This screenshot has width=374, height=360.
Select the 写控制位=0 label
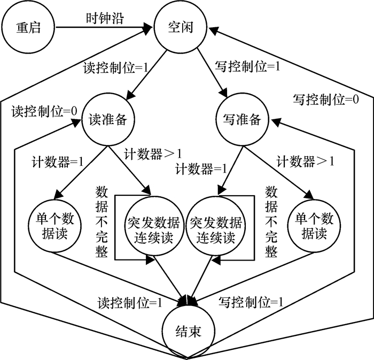(325, 99)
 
